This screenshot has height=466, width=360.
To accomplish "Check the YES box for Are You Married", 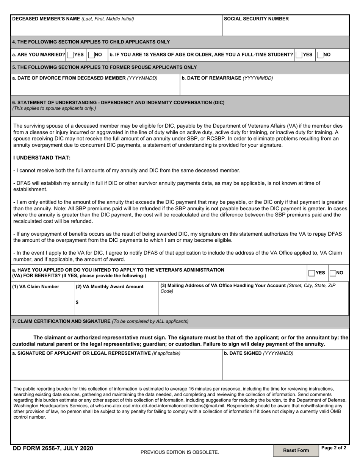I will coord(70,55).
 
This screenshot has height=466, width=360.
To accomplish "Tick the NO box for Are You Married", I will coord(91,55).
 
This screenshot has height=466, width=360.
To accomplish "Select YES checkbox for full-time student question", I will coord(299,55).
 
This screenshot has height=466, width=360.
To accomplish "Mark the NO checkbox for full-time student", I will coord(320,55).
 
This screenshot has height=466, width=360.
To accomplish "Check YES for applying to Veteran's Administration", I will coord(311,273).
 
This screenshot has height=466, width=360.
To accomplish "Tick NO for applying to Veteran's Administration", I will coord(333,273).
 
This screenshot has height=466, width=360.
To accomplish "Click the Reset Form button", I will coord(296,450).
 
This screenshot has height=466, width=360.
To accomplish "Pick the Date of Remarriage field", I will coord(264,88).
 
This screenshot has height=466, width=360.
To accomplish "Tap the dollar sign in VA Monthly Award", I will coord(77,302).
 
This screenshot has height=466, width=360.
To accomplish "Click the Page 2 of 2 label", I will coord(333,448).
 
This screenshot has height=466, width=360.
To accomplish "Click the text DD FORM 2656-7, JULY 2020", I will coord(53,448).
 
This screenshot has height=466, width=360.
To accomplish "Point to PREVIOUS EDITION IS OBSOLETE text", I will coord(180,452).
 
